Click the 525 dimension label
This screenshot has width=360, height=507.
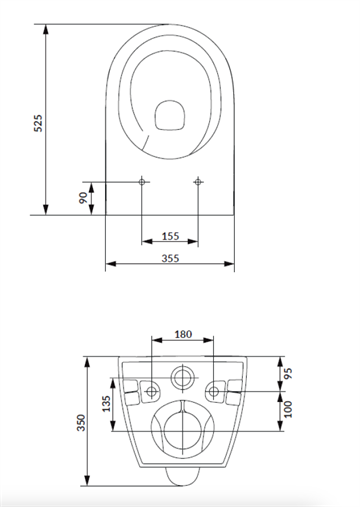[38, 123]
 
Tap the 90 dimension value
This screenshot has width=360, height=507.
[83, 198]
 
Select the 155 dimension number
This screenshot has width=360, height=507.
[170, 236]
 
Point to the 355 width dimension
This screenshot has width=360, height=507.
[170, 258]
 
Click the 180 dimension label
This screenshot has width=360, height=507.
[183, 334]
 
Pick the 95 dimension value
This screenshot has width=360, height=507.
[288, 373]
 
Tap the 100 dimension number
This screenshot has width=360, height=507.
[288, 409]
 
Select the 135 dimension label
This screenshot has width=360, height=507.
[106, 404]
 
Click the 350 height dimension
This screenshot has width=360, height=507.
[81, 423]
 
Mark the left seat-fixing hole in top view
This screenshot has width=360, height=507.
[142, 182]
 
